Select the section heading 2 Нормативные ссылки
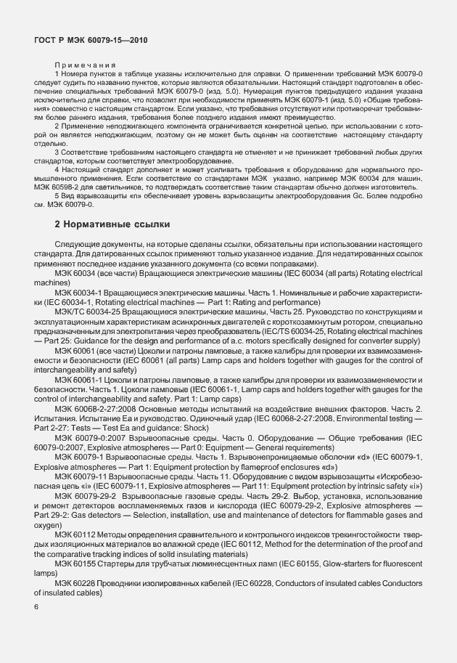pos(112,225)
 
